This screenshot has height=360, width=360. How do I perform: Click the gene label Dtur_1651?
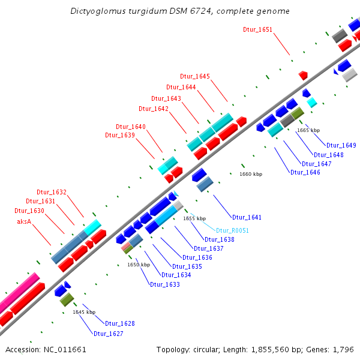(x=257, y=29)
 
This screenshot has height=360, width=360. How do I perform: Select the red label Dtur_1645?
(x=195, y=76)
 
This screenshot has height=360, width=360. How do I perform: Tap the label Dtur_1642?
(x=154, y=109)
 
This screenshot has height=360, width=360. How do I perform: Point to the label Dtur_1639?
(x=120, y=135)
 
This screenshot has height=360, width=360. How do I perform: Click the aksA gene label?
(x=25, y=221)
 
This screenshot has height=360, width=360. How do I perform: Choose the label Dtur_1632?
(x=52, y=192)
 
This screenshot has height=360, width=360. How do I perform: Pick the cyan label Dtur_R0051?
(x=232, y=230)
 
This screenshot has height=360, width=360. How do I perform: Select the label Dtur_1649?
(x=342, y=146)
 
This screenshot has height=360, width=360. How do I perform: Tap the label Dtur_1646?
(x=305, y=172)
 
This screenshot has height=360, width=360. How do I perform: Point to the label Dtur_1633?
(x=165, y=284)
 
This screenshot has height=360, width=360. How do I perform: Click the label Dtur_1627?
(x=109, y=334)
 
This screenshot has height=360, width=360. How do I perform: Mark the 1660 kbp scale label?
(x=251, y=174)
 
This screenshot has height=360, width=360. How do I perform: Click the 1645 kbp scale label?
(x=84, y=312)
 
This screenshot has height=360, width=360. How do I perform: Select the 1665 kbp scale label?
(x=308, y=130)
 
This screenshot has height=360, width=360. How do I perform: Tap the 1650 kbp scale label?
(x=138, y=265)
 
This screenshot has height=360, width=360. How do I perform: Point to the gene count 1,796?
(x=343, y=349)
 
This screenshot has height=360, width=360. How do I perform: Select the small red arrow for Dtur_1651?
(x=304, y=75)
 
